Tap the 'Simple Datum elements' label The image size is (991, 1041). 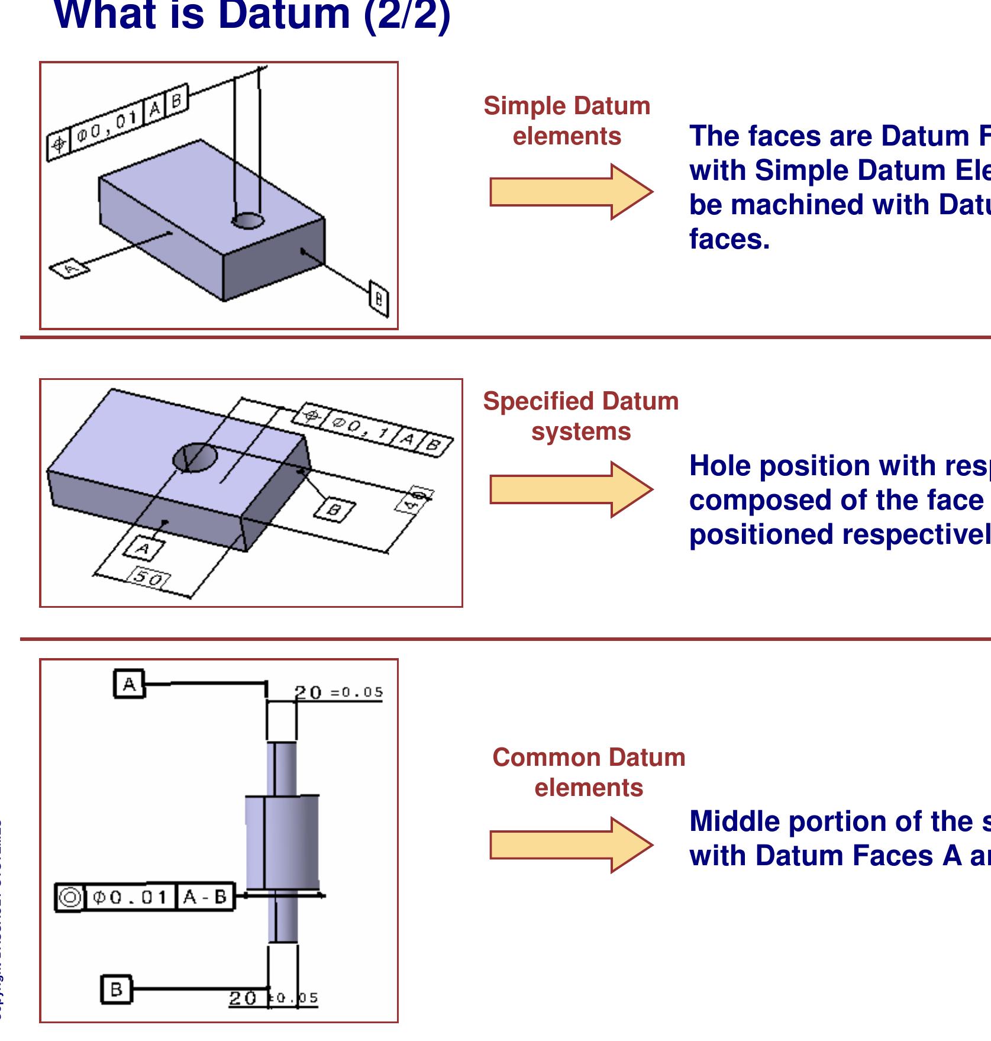[x=567, y=121]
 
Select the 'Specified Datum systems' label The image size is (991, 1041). [x=580, y=416]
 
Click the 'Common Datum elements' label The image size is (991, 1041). [x=589, y=772]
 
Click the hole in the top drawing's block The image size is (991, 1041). [x=247, y=221]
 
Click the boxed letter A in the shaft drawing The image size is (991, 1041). [x=129, y=684]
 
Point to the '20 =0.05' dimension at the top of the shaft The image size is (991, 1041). [x=339, y=692]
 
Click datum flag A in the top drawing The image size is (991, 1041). [x=69, y=269]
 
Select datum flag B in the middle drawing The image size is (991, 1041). [x=334, y=510]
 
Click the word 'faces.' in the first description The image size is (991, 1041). [x=729, y=239]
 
